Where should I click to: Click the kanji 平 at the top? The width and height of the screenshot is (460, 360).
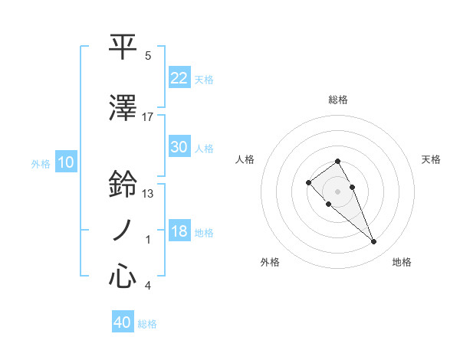tap(123, 47)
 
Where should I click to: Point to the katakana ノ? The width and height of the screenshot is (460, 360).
tap(123, 231)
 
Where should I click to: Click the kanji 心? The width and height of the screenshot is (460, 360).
tap(123, 277)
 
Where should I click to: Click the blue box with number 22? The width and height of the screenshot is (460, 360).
tap(179, 77)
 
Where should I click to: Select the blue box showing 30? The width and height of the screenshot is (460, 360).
tap(179, 147)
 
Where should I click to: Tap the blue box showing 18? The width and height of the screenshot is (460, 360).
tap(179, 231)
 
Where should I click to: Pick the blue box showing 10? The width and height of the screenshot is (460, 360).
tap(65, 162)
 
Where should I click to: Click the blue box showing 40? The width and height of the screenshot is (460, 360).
tap(123, 322)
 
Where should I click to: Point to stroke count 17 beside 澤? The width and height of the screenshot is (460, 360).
tap(148, 117)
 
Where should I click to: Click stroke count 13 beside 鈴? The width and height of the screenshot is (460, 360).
tap(148, 194)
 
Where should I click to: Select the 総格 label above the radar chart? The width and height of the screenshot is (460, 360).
tap(338, 100)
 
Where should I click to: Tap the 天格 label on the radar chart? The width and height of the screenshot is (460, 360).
tap(431, 159)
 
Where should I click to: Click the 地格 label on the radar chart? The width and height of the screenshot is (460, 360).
tap(402, 262)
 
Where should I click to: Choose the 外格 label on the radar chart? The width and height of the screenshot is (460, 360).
tap(270, 262)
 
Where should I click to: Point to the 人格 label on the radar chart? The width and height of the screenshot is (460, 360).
tap(245, 159)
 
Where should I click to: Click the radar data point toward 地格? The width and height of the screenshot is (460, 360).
tap(373, 242)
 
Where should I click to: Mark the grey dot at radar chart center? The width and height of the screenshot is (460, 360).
tap(338, 191)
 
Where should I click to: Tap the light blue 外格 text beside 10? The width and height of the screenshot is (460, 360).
tap(40, 163)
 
